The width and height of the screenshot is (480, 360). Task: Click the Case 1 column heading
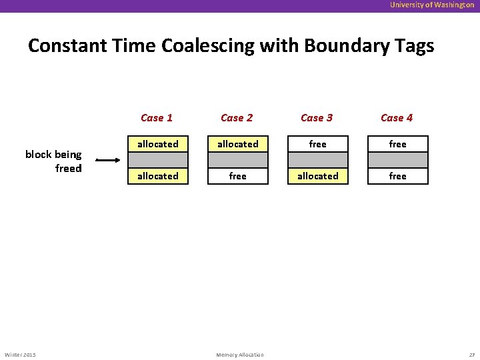[x=157, y=118]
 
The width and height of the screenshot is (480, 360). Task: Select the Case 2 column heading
[x=237, y=118]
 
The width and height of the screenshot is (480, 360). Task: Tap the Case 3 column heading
[x=317, y=118]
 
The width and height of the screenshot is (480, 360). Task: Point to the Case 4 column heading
[x=397, y=118]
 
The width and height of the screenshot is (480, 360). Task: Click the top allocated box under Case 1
[x=158, y=144]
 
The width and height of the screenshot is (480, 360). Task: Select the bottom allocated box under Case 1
[x=158, y=176]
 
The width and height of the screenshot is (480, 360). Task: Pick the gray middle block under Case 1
[x=158, y=160]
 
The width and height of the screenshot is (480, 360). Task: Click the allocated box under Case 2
[x=238, y=144]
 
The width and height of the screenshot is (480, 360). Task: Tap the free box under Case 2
[x=238, y=176]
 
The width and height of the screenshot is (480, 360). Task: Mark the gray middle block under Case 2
[x=238, y=160]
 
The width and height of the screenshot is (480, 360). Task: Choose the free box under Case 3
[x=318, y=144]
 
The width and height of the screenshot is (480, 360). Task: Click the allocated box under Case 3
[x=318, y=176]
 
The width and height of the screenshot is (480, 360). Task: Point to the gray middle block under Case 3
[x=318, y=160]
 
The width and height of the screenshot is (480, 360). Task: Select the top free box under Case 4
[x=398, y=144]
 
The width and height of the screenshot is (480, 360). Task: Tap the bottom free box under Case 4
[x=398, y=176]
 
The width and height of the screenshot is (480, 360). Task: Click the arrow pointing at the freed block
[x=107, y=160]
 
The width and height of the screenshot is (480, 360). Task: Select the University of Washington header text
[x=432, y=5]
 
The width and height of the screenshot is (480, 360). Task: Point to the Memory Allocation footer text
[x=240, y=355]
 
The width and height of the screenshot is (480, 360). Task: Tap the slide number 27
[x=471, y=355]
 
